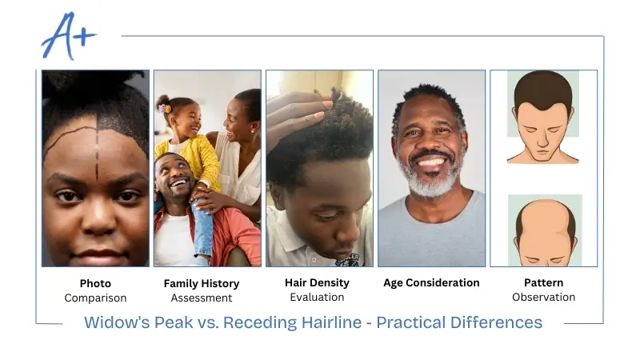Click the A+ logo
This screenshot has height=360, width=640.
click(69, 37)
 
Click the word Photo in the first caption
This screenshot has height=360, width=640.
click(95, 283)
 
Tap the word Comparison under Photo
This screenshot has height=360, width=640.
click(95, 298)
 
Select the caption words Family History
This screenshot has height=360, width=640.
click(201, 283)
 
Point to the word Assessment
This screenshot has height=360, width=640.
click(201, 298)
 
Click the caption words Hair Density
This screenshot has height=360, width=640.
click(318, 282)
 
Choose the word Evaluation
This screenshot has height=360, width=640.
click(318, 297)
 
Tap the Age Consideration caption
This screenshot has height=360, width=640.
click(431, 282)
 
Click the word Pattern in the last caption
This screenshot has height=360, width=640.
click(543, 282)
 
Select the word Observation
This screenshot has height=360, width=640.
click(543, 297)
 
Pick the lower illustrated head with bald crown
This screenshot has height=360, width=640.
click(543, 232)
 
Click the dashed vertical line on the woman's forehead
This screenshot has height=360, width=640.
click(98, 148)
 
